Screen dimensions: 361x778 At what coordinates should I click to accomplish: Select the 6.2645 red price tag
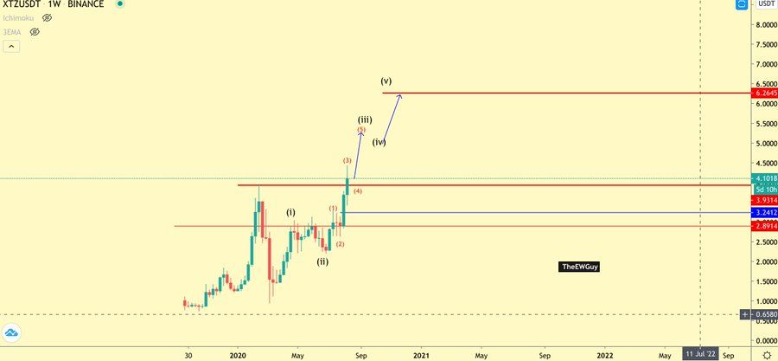(x=764, y=93)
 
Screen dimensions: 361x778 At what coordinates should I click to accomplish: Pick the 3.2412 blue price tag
(x=764, y=212)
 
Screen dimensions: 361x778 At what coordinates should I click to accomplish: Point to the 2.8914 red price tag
(x=764, y=226)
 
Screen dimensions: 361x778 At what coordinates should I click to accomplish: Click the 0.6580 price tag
(x=764, y=314)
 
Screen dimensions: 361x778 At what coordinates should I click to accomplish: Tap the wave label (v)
(x=386, y=81)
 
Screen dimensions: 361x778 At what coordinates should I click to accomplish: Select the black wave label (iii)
(x=365, y=119)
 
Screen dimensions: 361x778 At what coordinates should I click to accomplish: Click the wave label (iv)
(x=379, y=141)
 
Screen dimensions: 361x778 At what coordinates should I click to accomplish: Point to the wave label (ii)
(x=322, y=261)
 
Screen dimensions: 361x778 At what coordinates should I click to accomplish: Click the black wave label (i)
(x=291, y=212)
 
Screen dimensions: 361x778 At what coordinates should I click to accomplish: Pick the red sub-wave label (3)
(x=347, y=161)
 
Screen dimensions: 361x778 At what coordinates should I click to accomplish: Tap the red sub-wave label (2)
(x=341, y=244)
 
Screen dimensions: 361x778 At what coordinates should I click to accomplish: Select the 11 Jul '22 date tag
(x=699, y=354)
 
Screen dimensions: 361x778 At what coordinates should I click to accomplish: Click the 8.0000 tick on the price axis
(x=764, y=24)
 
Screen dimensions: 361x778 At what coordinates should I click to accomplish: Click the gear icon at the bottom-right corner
(x=766, y=355)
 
